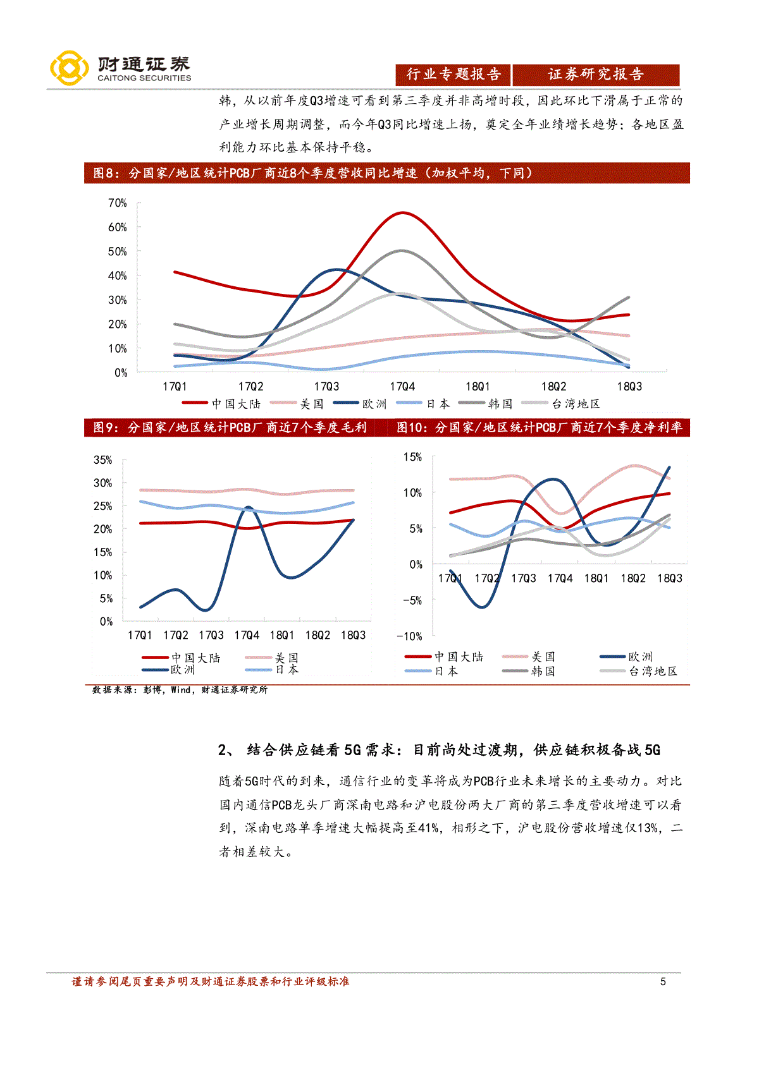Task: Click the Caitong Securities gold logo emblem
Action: [69, 68]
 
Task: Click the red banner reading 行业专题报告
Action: [453, 74]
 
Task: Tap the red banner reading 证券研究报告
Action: [596, 74]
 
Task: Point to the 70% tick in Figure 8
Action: [118, 203]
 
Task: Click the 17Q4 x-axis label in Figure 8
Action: [402, 387]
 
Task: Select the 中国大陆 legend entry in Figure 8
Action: [221, 404]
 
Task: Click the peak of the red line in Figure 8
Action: [403, 212]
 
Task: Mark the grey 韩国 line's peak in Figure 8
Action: [402, 250]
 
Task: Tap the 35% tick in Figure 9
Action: [102, 460]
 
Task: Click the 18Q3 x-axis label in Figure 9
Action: [353, 635]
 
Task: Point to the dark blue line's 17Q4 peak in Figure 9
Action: [247, 507]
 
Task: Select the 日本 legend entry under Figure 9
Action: [272, 670]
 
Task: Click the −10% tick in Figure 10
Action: [409, 636]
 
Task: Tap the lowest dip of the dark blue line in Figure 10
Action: [482, 607]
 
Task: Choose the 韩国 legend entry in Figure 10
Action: [529, 671]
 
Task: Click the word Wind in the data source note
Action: [181, 690]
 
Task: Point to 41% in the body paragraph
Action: [428, 828]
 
